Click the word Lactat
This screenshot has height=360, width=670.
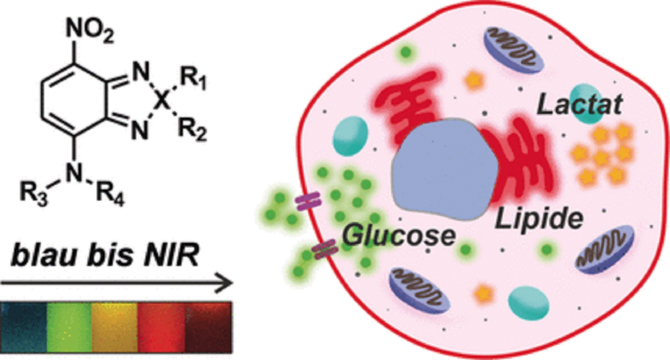[580, 105]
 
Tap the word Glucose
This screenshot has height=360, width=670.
[398, 236]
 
